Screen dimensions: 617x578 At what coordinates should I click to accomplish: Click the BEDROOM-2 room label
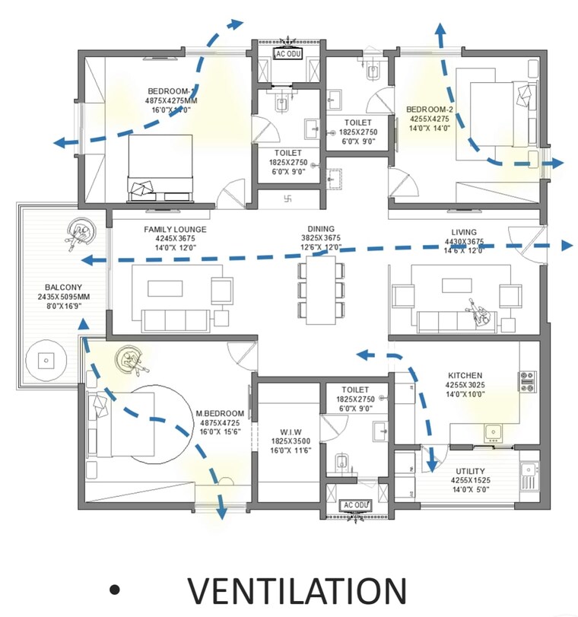[429, 109]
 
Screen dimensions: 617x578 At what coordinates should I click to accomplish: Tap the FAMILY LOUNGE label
[175, 229]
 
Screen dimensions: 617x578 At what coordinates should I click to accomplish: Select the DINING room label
[321, 228]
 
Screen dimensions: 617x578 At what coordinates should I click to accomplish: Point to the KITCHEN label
[465, 375]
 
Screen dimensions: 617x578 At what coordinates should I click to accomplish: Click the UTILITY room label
[471, 472]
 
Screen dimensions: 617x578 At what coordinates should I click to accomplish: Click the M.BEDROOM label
[220, 414]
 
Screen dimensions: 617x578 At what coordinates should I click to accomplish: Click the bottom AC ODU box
[355, 505]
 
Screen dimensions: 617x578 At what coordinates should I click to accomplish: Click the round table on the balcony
[47, 361]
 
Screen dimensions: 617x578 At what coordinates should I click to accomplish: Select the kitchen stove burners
[528, 380]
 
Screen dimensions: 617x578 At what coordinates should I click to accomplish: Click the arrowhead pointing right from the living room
[566, 245]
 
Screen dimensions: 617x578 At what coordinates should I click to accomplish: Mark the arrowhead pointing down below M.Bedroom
[222, 514]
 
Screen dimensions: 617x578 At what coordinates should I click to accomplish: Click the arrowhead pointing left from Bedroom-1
[58, 142]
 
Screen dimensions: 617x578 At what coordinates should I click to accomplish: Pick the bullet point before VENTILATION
[115, 590]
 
